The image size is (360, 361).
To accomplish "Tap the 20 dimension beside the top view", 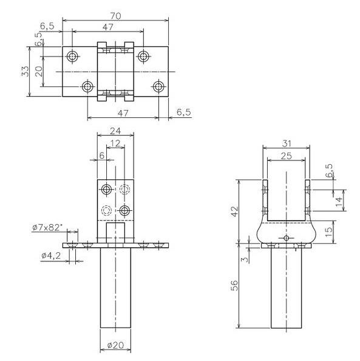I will [x=38, y=71].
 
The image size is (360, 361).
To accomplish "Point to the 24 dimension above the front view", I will [x=115, y=131].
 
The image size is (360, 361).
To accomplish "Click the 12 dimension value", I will [x=115, y=143].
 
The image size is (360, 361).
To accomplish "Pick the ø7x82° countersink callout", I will [x=46, y=228].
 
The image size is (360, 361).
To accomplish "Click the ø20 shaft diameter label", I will [x=115, y=345].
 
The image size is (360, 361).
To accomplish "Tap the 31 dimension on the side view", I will [x=287, y=143].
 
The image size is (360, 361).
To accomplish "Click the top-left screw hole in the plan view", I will [x=73, y=57].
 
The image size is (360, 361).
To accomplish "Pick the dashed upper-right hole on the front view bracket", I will [x=125, y=190].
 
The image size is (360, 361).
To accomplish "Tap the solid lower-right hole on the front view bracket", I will [x=124, y=210].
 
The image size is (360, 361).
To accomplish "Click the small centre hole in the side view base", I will [x=287, y=239].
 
